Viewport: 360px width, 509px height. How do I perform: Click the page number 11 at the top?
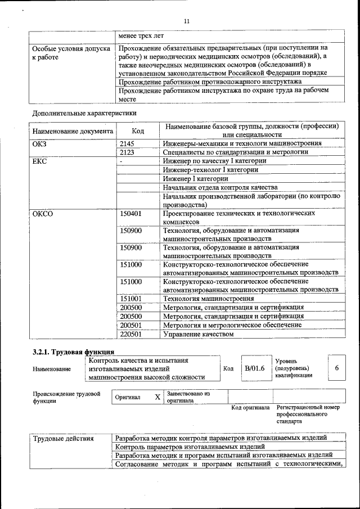pyautogui.click(x=187, y=21)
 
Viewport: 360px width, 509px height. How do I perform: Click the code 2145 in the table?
pyautogui.click(x=129, y=144)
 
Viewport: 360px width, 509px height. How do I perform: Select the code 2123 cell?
pyautogui.click(x=129, y=152)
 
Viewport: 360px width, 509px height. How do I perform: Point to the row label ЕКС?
pyautogui.click(x=41, y=161)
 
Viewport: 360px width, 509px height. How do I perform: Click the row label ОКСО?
pyautogui.click(x=44, y=214)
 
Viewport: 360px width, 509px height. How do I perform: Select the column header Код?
pyautogui.click(x=138, y=131)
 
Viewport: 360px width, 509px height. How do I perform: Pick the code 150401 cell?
pyautogui.click(x=132, y=214)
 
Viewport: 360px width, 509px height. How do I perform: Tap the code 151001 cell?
pyautogui.click(x=132, y=299)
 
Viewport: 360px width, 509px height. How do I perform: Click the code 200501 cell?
pyautogui.click(x=132, y=325)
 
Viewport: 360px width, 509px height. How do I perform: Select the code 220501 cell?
pyautogui.click(x=132, y=334)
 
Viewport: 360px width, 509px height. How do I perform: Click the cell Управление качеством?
pyautogui.click(x=198, y=334)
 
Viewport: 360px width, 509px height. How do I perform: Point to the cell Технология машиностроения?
pyautogui.click(x=208, y=299)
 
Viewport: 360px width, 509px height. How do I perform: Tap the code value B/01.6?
pyautogui.click(x=254, y=368)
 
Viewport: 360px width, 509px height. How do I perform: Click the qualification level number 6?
pyautogui.click(x=336, y=368)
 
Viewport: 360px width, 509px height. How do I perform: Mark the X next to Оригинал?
pyautogui.click(x=157, y=397)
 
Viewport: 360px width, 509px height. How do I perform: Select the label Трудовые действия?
pyautogui.click(x=63, y=438)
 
